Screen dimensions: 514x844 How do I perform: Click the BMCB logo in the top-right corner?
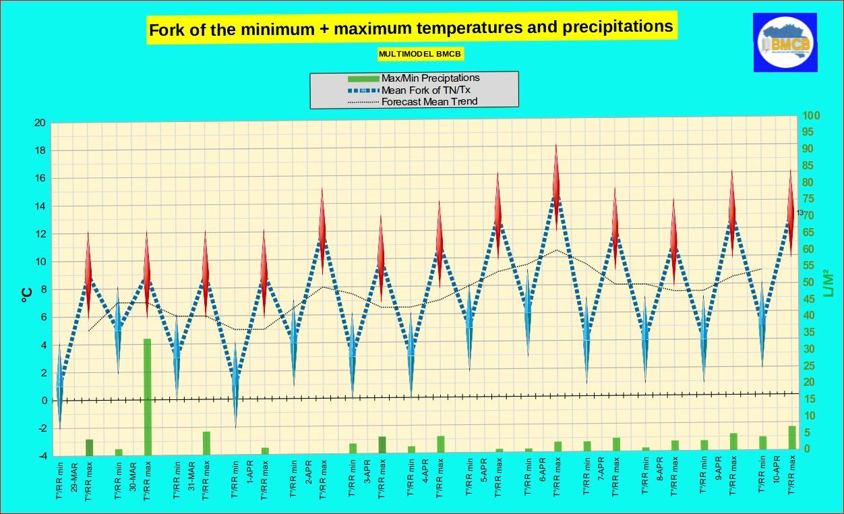pos(785,42)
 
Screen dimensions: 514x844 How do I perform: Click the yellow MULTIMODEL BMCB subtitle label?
pos(421,54)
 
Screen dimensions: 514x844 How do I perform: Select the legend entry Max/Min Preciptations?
pos(430,78)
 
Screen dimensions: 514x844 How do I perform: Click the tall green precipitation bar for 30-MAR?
pos(147,396)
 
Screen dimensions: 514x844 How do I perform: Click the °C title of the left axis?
pos(27,291)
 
